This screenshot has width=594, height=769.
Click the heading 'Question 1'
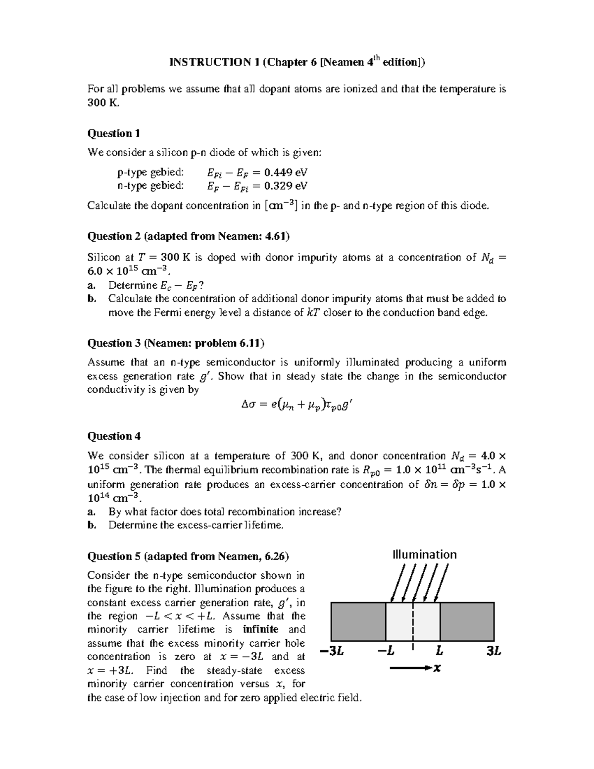click(x=113, y=133)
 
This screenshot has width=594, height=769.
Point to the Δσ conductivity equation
click(x=297, y=406)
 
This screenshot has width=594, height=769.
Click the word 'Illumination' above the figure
click(x=424, y=554)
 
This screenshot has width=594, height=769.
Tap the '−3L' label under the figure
click(x=332, y=652)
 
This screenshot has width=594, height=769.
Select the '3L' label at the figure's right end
click(x=494, y=652)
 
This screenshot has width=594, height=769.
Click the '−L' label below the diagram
click(x=386, y=652)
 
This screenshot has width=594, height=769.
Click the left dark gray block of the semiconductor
click(x=358, y=621)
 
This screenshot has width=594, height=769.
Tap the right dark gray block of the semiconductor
click(x=467, y=621)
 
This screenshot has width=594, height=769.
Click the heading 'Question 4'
click(x=114, y=436)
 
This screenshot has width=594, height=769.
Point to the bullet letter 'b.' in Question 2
click(x=91, y=299)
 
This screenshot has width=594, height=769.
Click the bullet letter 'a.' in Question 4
click(x=91, y=512)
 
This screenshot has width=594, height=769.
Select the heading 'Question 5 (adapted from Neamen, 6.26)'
click(x=188, y=556)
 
